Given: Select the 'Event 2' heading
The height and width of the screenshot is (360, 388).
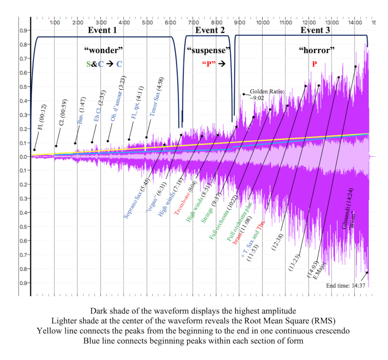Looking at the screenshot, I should tap(210, 30).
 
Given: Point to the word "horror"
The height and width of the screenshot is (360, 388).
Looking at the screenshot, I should tap(317, 50).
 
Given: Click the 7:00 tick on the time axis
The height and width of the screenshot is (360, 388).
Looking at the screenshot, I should tap(193, 22).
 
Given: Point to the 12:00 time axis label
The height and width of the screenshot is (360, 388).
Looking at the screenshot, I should tap(309, 22).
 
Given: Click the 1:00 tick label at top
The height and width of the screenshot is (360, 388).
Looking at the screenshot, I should tap(54, 22).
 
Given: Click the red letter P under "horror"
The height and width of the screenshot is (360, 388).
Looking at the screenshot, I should tap(315, 64).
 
